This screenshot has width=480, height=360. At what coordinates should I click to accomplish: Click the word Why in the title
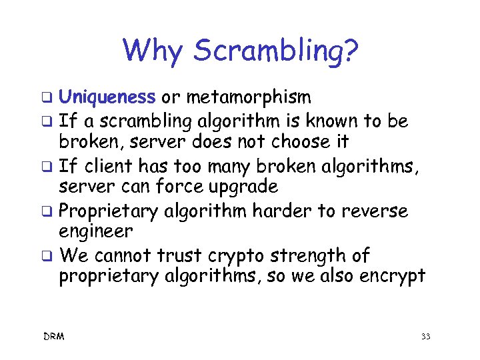tap(153, 51)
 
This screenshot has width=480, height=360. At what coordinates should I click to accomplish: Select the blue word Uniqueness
tap(107, 98)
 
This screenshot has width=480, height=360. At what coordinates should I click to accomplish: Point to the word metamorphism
tap(249, 99)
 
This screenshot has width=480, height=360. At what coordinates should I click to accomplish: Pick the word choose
tap(293, 141)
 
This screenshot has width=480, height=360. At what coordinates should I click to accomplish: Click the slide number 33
tap(425, 337)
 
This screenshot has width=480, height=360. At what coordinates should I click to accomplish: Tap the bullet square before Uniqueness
tap(48, 99)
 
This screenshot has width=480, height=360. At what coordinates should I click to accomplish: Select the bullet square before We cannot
tap(48, 256)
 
